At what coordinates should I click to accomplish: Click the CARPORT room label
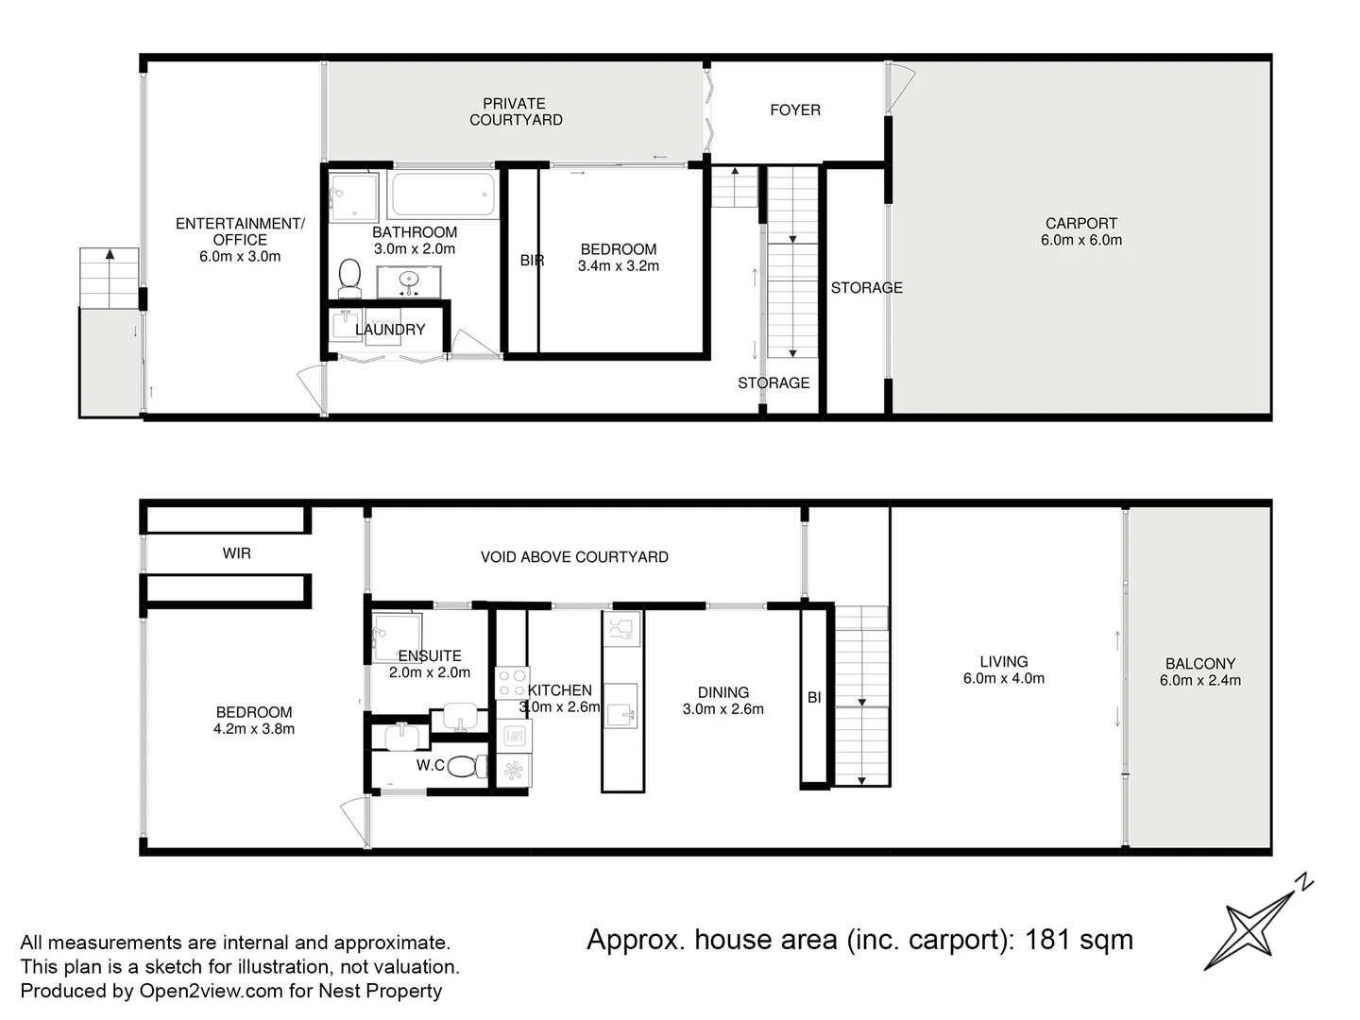pyautogui.click(x=1081, y=224)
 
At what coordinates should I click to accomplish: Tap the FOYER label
pyautogui.click(x=794, y=110)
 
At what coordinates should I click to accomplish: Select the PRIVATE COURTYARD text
pyautogui.click(x=516, y=111)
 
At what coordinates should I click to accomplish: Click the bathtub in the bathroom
pyautogui.click(x=442, y=195)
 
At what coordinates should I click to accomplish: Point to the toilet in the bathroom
pyautogui.click(x=349, y=276)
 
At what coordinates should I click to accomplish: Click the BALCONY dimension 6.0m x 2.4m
pyautogui.click(x=1199, y=680)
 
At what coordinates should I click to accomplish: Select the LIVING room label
pyautogui.click(x=1003, y=662)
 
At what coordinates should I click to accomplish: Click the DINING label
pyautogui.click(x=722, y=692)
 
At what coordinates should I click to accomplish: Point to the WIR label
pyautogui.click(x=237, y=553)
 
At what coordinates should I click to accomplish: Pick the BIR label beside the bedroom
pyautogui.click(x=532, y=261)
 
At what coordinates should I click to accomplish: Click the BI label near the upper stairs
pyautogui.click(x=814, y=698)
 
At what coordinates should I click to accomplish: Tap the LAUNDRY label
pyautogui.click(x=390, y=330)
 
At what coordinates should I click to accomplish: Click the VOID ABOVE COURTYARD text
pyautogui.click(x=574, y=557)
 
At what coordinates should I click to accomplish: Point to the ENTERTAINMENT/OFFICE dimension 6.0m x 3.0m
pyautogui.click(x=240, y=256)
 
